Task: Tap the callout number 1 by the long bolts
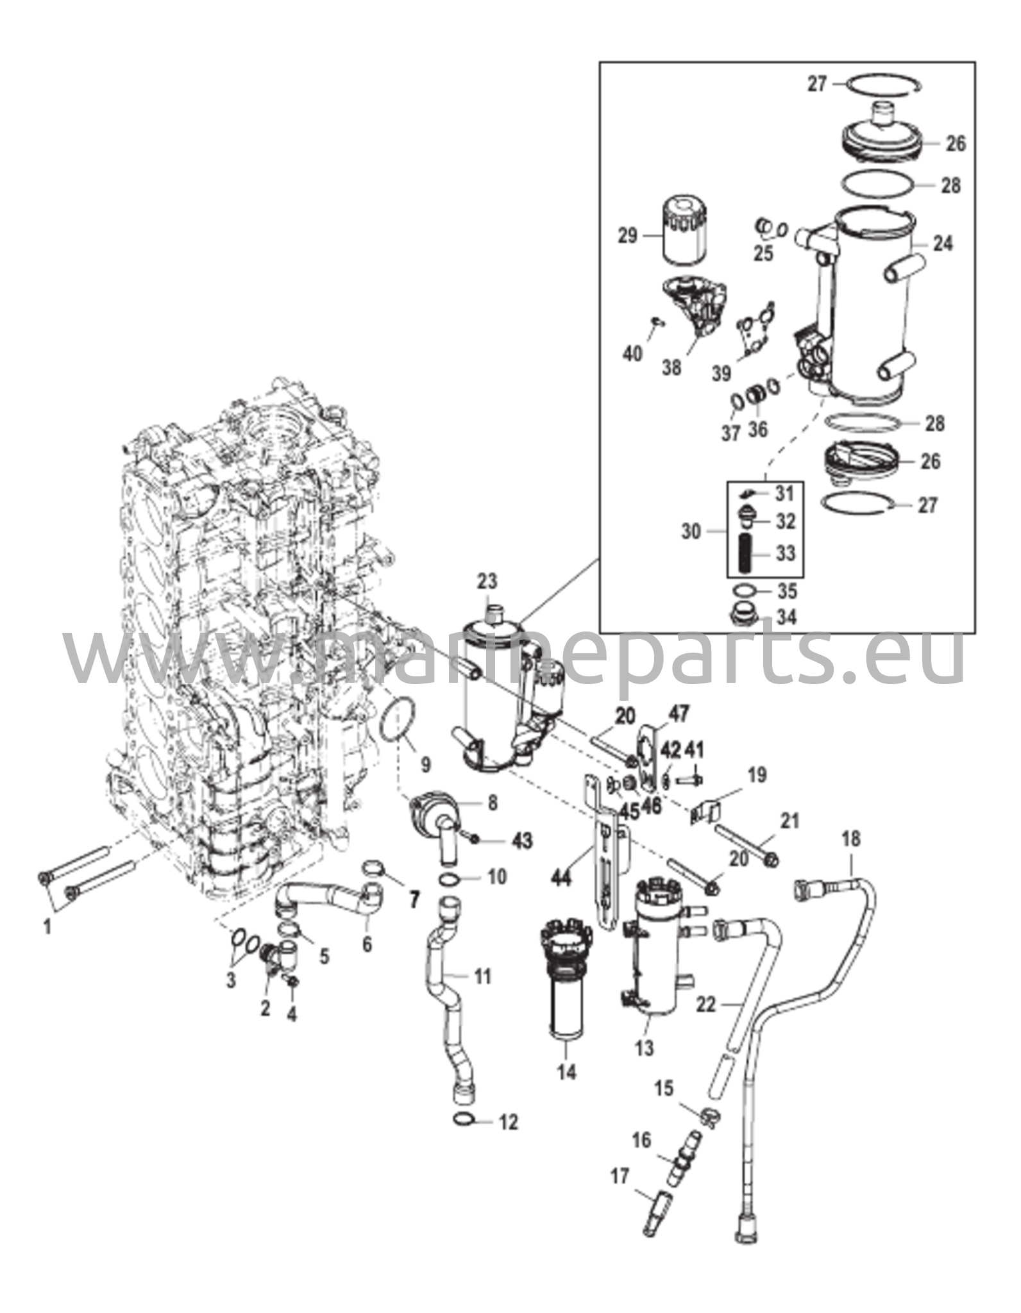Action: coord(47,926)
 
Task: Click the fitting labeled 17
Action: coord(654,1209)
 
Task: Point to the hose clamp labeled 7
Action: coord(375,870)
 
